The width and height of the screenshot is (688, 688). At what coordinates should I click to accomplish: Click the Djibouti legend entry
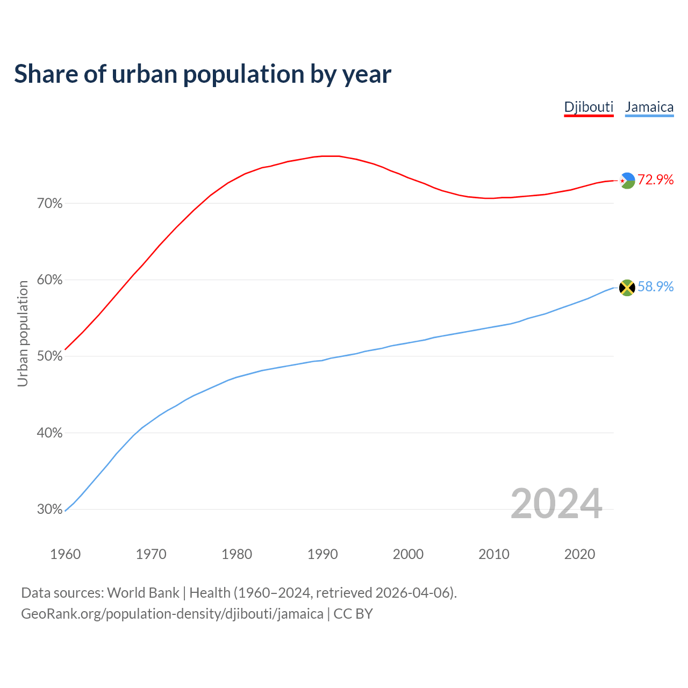[x=589, y=107]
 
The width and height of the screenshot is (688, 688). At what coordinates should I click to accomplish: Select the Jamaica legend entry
[x=649, y=107]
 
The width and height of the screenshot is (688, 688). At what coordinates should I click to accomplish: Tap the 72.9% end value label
[x=655, y=180]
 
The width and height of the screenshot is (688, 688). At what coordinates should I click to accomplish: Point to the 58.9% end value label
[x=655, y=286]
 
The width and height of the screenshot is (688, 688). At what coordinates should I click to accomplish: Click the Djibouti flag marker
[x=627, y=181]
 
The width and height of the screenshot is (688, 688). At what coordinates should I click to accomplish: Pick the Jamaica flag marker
[x=627, y=288]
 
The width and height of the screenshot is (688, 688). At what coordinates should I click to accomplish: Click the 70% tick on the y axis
[x=50, y=204]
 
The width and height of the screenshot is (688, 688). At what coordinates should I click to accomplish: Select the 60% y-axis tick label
[x=50, y=280]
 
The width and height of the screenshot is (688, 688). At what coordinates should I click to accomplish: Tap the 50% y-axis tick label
[x=50, y=356]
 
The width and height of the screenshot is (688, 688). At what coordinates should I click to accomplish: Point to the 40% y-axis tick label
[x=50, y=433]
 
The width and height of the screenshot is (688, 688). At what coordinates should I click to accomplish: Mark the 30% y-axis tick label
[x=50, y=509]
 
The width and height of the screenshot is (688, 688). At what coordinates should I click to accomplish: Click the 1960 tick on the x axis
[x=65, y=554]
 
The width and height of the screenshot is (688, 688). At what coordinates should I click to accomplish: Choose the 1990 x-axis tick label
[x=322, y=554]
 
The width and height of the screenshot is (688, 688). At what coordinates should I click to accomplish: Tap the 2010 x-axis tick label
[x=494, y=554]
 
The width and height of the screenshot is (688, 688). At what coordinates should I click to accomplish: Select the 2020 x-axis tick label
[x=579, y=554]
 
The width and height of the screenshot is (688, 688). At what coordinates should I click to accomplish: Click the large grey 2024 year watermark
[x=556, y=504]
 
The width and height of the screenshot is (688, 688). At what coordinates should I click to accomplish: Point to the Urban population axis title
[x=23, y=333]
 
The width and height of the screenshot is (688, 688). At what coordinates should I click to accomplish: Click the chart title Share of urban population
[x=203, y=74]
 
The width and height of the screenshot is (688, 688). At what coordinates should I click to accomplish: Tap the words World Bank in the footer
[x=143, y=593]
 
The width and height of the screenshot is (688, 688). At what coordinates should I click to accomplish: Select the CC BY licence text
[x=353, y=614]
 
